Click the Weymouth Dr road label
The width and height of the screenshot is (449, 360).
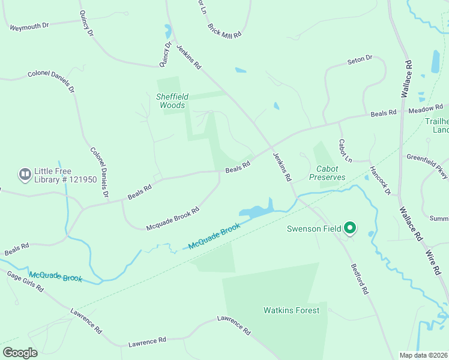[x=29, y=26]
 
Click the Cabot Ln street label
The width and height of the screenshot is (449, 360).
[x=345, y=151]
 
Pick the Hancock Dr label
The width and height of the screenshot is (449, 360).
[x=380, y=181]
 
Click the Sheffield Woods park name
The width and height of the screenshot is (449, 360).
[x=173, y=101]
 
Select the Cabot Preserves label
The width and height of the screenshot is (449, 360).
[x=327, y=173]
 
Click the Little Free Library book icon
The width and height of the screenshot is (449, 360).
[x=25, y=175]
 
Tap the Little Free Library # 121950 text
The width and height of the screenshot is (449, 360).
[x=66, y=175]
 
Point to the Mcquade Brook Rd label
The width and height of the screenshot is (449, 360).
[x=173, y=220]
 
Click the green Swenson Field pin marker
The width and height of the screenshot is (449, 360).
[x=351, y=228]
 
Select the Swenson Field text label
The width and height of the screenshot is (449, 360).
[x=314, y=229]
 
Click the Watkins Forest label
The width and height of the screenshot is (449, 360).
[x=291, y=310]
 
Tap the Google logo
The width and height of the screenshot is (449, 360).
[x=20, y=353]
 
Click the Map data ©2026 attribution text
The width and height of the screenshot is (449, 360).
[x=424, y=355]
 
